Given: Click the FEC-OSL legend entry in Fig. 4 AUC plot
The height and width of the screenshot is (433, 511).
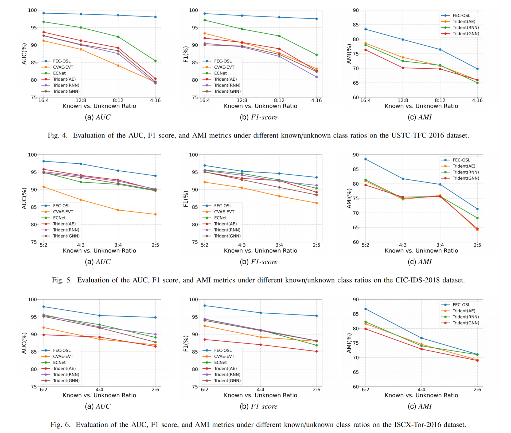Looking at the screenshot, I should (x=62, y=61).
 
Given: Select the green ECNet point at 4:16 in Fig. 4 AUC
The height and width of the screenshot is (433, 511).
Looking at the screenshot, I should (x=155, y=61).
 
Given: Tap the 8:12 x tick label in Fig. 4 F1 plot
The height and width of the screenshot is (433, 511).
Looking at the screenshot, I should (x=279, y=100).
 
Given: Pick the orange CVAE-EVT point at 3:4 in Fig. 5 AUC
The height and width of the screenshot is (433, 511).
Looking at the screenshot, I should (x=118, y=210).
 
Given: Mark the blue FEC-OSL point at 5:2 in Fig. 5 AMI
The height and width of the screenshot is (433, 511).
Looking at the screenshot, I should (x=365, y=159).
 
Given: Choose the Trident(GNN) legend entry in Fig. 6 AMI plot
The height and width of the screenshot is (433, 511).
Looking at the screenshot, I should (x=466, y=323).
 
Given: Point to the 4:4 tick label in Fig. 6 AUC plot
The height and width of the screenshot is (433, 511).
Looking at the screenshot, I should (x=99, y=390).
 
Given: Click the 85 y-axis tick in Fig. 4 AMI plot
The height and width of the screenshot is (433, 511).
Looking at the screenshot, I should (x=356, y=25).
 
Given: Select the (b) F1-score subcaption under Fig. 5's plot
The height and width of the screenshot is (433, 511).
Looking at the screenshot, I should (x=258, y=262).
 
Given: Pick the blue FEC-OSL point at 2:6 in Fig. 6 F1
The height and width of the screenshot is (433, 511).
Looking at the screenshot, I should (x=317, y=316).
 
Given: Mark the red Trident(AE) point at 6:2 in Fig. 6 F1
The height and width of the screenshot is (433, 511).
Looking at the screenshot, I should (x=205, y=340).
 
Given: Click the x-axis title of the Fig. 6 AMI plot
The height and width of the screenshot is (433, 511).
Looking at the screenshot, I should (x=421, y=395).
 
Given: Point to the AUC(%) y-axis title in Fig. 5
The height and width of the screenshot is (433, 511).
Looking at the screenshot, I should (x=24, y=198).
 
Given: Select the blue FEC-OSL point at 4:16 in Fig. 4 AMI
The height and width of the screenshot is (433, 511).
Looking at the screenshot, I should (x=477, y=69).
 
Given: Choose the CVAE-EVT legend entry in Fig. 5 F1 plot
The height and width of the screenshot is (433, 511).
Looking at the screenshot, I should (x=224, y=212).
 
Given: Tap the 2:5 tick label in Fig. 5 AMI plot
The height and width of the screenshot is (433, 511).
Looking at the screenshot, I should (x=477, y=245).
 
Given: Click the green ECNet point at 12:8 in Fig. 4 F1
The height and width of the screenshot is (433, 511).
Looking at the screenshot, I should (x=242, y=29).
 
